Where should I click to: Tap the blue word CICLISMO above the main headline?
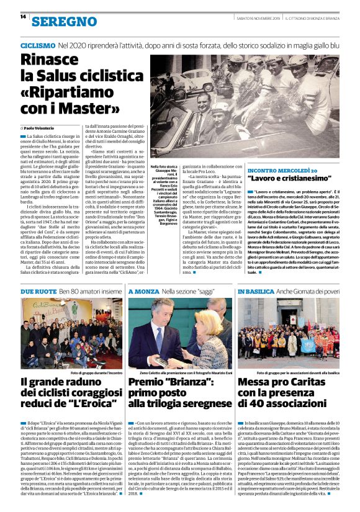pos(37,46)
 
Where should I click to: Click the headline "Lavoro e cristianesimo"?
pos(294,179)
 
